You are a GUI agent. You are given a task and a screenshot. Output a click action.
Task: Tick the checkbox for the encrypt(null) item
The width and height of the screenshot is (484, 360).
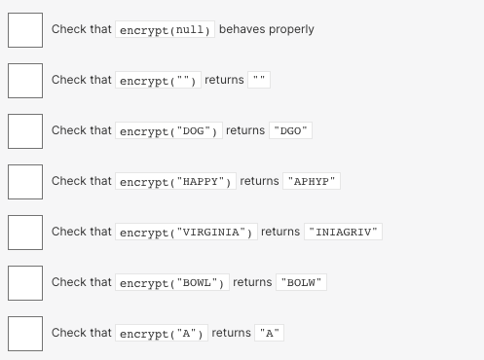coord(25,30)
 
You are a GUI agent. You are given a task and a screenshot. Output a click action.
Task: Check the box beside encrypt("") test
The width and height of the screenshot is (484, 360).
coord(25,81)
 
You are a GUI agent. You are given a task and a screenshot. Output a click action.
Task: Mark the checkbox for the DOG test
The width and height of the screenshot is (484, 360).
coord(25,131)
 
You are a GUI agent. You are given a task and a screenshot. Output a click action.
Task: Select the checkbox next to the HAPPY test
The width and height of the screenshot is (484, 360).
coord(25,182)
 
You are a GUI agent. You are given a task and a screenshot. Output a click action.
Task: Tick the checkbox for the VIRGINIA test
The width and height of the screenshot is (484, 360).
coord(25,233)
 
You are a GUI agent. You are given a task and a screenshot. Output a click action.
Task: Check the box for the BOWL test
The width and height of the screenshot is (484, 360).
coord(25,283)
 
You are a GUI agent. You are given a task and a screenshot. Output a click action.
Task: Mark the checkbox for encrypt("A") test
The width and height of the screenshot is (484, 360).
coord(25,334)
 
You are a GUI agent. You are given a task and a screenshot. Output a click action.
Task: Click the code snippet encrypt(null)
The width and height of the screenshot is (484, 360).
coord(165,30)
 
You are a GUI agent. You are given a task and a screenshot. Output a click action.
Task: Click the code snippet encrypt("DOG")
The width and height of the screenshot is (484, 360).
coord(168,130)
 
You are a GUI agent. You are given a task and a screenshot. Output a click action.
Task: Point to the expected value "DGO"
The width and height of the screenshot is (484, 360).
coord(292,130)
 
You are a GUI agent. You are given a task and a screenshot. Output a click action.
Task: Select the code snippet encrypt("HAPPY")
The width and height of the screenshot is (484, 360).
coord(175,182)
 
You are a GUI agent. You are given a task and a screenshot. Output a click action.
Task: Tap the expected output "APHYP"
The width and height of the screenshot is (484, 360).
coord(312,182)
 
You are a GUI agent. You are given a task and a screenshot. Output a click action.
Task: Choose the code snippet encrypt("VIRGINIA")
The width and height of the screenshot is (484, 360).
coord(186,233)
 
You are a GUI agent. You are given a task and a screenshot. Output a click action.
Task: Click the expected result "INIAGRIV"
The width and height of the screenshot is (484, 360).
coord(343,233)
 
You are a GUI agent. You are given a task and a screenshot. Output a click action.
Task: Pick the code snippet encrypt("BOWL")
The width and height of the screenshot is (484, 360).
coord(171,283)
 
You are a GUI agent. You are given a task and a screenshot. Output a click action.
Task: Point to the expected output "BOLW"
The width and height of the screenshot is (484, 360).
coord(301,283)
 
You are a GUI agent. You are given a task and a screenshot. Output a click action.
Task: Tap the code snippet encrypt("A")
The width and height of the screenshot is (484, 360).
coord(161,334)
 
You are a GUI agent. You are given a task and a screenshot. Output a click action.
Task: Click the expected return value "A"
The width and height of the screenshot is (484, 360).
coord(269,334)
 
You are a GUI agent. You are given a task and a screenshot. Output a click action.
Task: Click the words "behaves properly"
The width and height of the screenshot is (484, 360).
coord(267,29)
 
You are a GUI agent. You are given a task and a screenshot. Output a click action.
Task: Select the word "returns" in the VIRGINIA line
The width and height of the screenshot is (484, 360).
coord(280,232)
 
